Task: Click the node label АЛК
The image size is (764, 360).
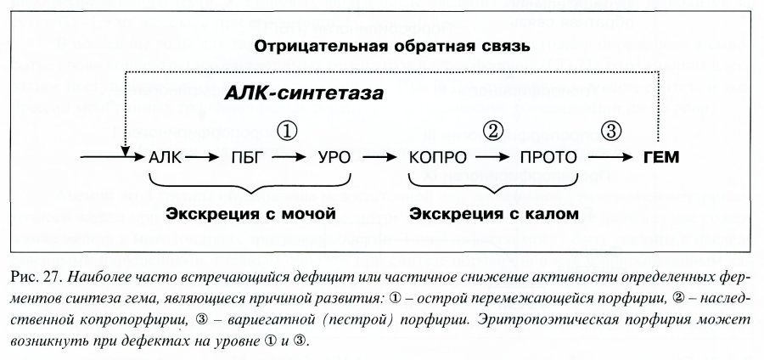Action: [x=165, y=157]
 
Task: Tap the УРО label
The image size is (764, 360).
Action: [x=334, y=157]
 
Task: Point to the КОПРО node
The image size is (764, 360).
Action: [x=437, y=157]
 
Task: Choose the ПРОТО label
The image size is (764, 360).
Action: [x=548, y=157]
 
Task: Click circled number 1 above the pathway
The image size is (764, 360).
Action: [x=287, y=131]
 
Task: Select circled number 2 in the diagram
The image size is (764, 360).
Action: [x=492, y=131]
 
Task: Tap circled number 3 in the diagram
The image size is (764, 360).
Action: [x=611, y=131]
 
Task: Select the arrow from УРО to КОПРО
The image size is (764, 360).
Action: [x=380, y=157]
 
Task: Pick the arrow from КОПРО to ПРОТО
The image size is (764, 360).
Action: [x=493, y=157]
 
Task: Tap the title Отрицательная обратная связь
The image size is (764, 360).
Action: [x=392, y=47]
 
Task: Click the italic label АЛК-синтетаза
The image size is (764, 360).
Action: [x=304, y=93]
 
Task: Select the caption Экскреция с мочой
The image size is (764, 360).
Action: [x=250, y=213]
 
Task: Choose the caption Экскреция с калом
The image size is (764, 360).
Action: [x=493, y=213]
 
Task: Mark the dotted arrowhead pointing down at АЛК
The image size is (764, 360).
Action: [x=126, y=151]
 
